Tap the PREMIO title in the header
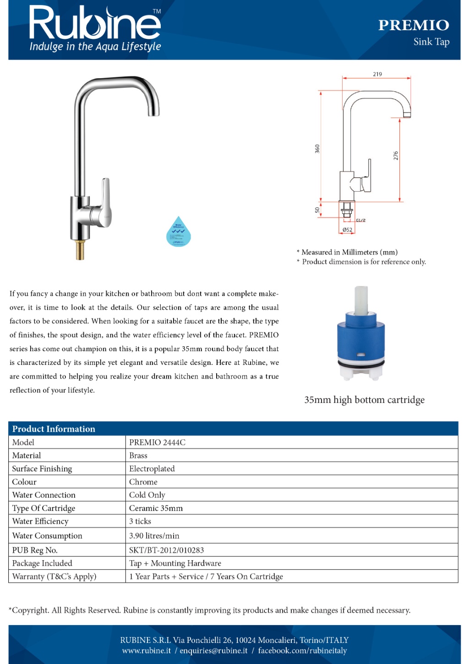point(413,25)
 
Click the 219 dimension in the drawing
point(377,74)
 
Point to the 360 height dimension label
point(317,149)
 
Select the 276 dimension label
point(396,155)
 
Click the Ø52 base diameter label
point(347,230)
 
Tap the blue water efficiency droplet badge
point(178,232)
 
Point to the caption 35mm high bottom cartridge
point(364,400)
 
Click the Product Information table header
point(54,429)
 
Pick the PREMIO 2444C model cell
point(157,442)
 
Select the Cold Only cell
point(147,495)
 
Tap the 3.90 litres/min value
point(154,535)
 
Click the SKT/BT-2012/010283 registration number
point(166,550)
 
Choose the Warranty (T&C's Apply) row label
point(54,576)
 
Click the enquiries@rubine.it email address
point(213,651)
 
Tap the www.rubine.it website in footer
point(146,651)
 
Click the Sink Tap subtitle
point(431,42)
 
